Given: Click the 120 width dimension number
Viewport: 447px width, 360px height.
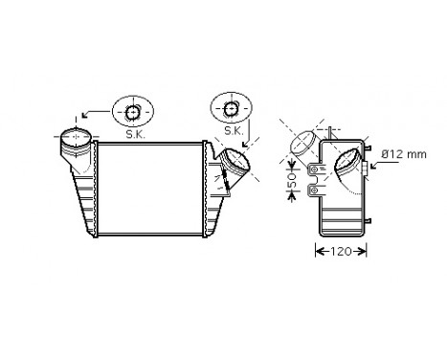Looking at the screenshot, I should pyautogui.click(x=340, y=252).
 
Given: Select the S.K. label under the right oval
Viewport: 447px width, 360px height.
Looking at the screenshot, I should pyautogui.click(x=233, y=131).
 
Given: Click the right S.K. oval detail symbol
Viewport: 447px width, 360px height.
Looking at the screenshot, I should pyautogui.click(x=231, y=108).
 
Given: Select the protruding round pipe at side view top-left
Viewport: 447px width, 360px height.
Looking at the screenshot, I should pyautogui.click(x=302, y=145).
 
